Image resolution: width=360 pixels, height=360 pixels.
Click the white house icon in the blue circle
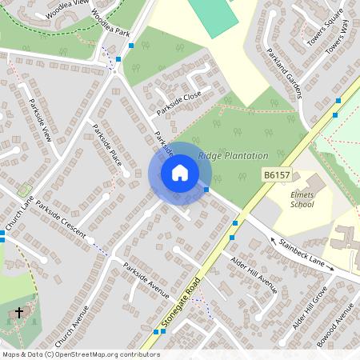coord(180,173)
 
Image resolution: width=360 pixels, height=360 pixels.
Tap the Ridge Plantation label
coord(233,155)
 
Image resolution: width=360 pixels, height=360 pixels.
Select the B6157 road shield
coord(276,174)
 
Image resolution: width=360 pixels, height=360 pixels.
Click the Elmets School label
coord(302,198)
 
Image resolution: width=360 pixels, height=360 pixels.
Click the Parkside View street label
coord(41,120)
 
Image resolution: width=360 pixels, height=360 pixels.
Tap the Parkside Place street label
coord(107,144)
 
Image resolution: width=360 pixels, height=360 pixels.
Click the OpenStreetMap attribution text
coord(80,354)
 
